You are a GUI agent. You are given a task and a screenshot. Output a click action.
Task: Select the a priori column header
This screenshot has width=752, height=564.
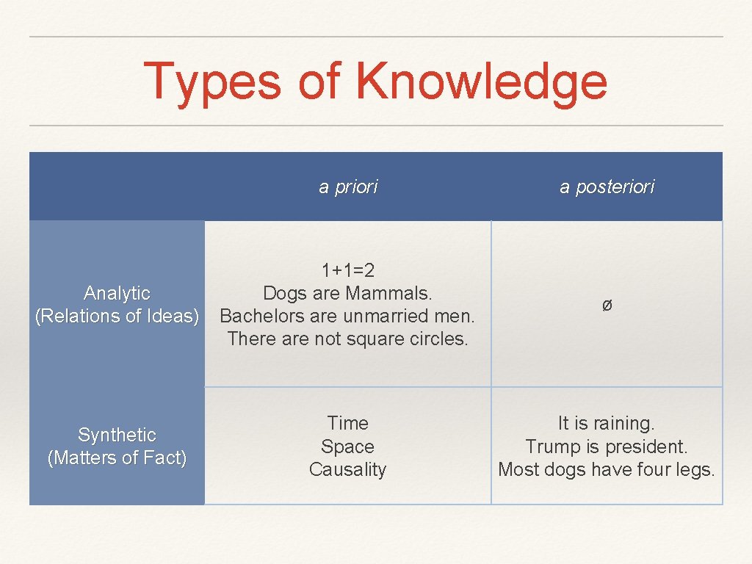(x=348, y=187)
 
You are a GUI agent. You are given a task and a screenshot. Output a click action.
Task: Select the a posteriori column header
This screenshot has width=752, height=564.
(x=607, y=187)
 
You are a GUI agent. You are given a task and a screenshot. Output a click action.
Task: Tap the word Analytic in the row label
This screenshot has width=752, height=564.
(x=117, y=294)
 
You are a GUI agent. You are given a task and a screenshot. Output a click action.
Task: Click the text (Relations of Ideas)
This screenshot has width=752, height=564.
(x=117, y=317)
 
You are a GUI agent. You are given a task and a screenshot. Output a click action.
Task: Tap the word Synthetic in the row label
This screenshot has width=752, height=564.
(x=117, y=435)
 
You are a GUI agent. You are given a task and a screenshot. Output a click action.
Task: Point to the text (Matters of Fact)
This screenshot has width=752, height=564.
(x=117, y=458)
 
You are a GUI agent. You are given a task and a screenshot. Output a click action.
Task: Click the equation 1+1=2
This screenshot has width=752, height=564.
(x=348, y=271)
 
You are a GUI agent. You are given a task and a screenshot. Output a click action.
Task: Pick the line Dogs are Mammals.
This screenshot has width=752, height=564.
(x=348, y=294)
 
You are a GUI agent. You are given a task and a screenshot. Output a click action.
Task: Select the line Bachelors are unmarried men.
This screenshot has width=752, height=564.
(x=348, y=317)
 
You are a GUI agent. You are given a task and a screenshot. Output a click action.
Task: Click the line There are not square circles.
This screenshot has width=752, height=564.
(x=348, y=339)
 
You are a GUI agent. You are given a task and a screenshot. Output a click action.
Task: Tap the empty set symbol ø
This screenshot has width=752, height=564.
(x=607, y=305)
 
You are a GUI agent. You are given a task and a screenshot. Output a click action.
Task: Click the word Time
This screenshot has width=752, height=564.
(x=348, y=423)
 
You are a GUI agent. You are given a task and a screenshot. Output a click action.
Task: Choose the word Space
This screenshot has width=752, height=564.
(x=348, y=446)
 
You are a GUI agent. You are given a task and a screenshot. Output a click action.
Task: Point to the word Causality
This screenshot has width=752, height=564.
(x=348, y=470)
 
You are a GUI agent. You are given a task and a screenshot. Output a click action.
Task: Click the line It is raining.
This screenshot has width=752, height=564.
(x=607, y=423)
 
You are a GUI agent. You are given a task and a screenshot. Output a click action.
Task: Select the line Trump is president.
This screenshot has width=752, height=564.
(x=607, y=446)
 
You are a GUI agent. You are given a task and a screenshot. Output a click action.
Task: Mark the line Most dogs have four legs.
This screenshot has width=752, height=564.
(x=607, y=470)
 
